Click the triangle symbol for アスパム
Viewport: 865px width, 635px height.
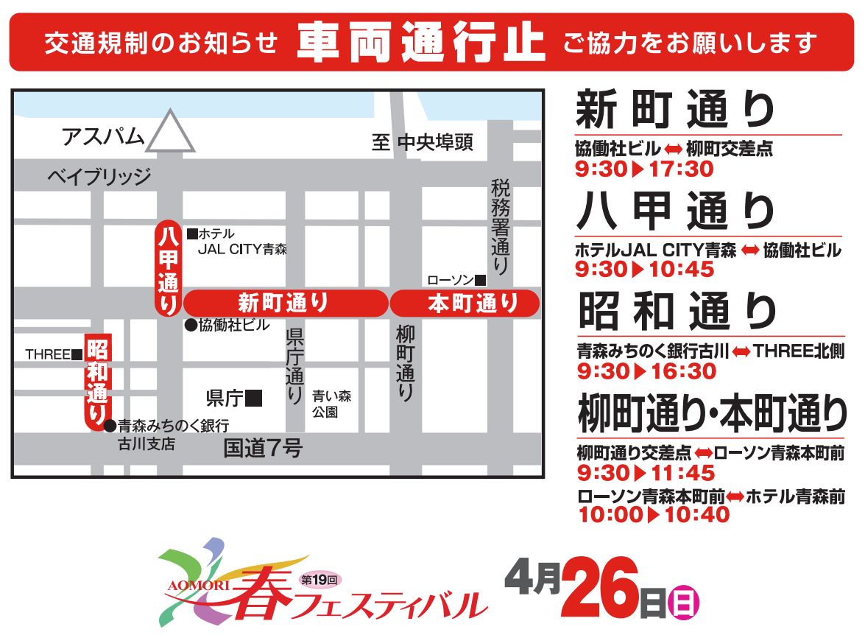tap(170, 133)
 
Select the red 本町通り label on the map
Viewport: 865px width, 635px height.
tap(465, 304)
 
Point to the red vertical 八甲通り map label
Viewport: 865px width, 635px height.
tap(168, 269)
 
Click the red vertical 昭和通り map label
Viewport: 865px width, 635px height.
tap(96, 382)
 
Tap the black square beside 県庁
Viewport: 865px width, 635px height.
tap(254, 399)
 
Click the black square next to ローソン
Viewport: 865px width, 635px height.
tap(480, 280)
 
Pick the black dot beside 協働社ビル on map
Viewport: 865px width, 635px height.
tap(190, 325)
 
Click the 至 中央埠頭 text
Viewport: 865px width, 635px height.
tap(422, 142)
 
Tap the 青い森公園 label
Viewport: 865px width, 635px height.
tap(331, 404)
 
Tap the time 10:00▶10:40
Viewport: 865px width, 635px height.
tap(654, 514)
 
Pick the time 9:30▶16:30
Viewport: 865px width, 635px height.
tap(646, 371)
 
